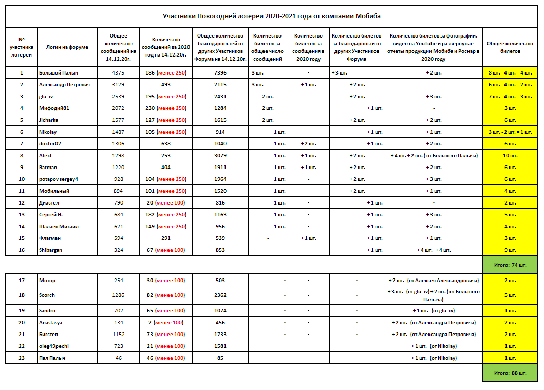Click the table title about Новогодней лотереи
tap(272, 16)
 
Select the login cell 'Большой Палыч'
tap(54, 72)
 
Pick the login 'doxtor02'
tap(50, 143)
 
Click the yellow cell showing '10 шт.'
tap(510, 155)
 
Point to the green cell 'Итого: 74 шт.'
tap(510, 265)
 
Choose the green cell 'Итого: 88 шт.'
tap(510, 373)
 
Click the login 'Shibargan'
tap(51, 250)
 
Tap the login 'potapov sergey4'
tap(59, 179)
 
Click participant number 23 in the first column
tap(21, 358)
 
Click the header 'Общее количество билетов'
tap(510, 47)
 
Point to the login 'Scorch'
tap(48, 295)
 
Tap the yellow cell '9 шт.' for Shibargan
tap(510, 250)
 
